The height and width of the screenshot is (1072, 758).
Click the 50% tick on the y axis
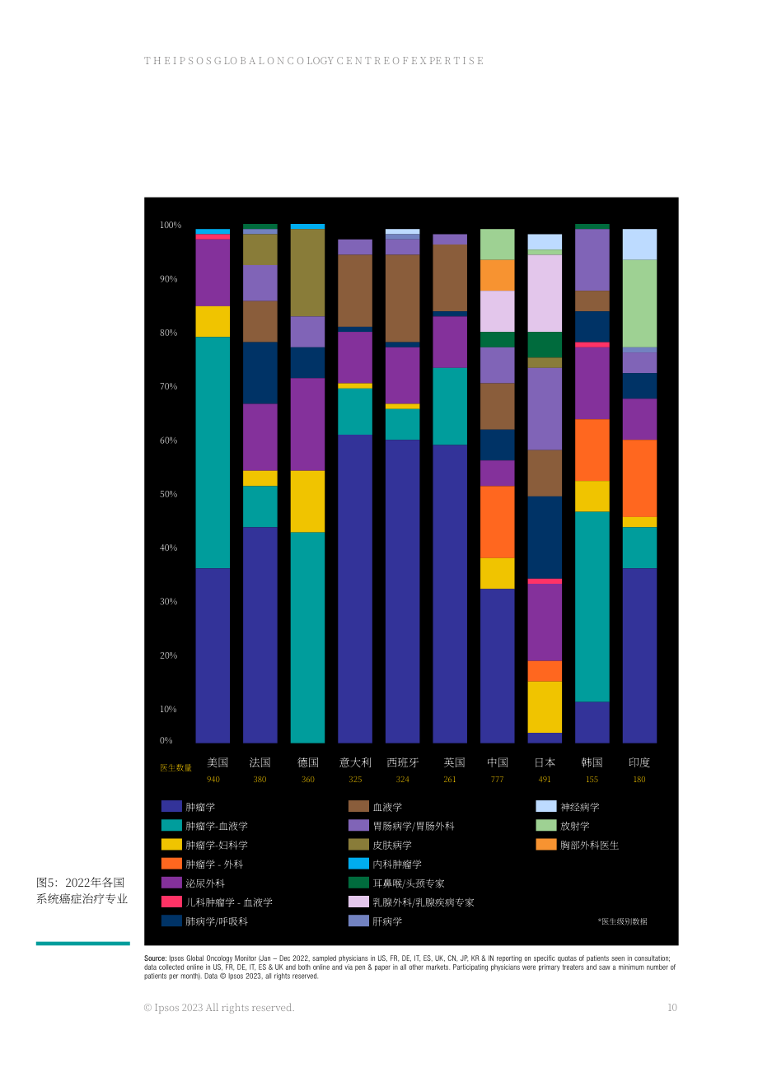click(x=168, y=494)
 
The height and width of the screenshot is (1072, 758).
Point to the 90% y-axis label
click(x=168, y=279)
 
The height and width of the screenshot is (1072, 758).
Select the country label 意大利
click(x=355, y=762)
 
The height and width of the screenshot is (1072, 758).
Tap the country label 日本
click(x=545, y=762)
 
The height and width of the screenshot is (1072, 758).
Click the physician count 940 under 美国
click(x=213, y=780)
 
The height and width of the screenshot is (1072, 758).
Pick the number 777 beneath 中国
click(x=497, y=780)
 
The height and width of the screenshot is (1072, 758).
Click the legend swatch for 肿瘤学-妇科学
click(x=171, y=845)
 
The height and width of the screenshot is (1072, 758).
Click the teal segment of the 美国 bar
click(x=213, y=453)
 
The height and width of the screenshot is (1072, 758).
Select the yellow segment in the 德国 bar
click(x=307, y=501)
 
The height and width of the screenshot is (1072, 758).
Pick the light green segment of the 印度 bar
click(x=639, y=304)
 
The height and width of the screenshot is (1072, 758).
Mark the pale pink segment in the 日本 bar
click(x=545, y=293)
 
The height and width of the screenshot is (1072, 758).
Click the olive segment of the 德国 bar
click(x=307, y=273)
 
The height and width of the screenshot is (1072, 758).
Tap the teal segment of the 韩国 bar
click(x=592, y=607)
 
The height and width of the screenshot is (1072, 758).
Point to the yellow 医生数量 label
click(x=175, y=767)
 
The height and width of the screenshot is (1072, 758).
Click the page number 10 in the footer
click(x=672, y=1008)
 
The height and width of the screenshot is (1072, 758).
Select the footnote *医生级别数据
click(x=622, y=921)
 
